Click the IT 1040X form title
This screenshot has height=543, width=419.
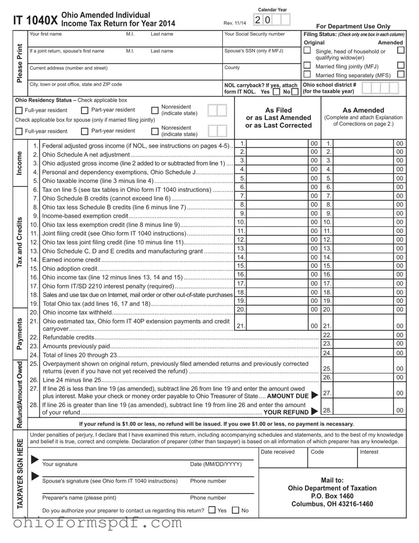point(35,20)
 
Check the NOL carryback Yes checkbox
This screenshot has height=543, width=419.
point(276,93)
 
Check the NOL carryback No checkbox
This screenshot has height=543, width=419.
point(295,93)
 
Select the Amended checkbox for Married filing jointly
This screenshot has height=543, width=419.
point(401,65)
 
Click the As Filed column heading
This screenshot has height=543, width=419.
point(279,110)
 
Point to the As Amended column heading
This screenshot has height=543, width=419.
point(364,110)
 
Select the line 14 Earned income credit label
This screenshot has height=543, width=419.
point(71,260)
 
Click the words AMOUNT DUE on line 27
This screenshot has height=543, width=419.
point(288,396)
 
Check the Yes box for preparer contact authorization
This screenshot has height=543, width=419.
point(212,510)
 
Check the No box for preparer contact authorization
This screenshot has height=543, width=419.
point(236,510)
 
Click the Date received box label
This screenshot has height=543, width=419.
point(277,452)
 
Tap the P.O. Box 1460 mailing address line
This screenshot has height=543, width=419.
point(332,496)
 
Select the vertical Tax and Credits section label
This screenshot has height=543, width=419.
point(19,242)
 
